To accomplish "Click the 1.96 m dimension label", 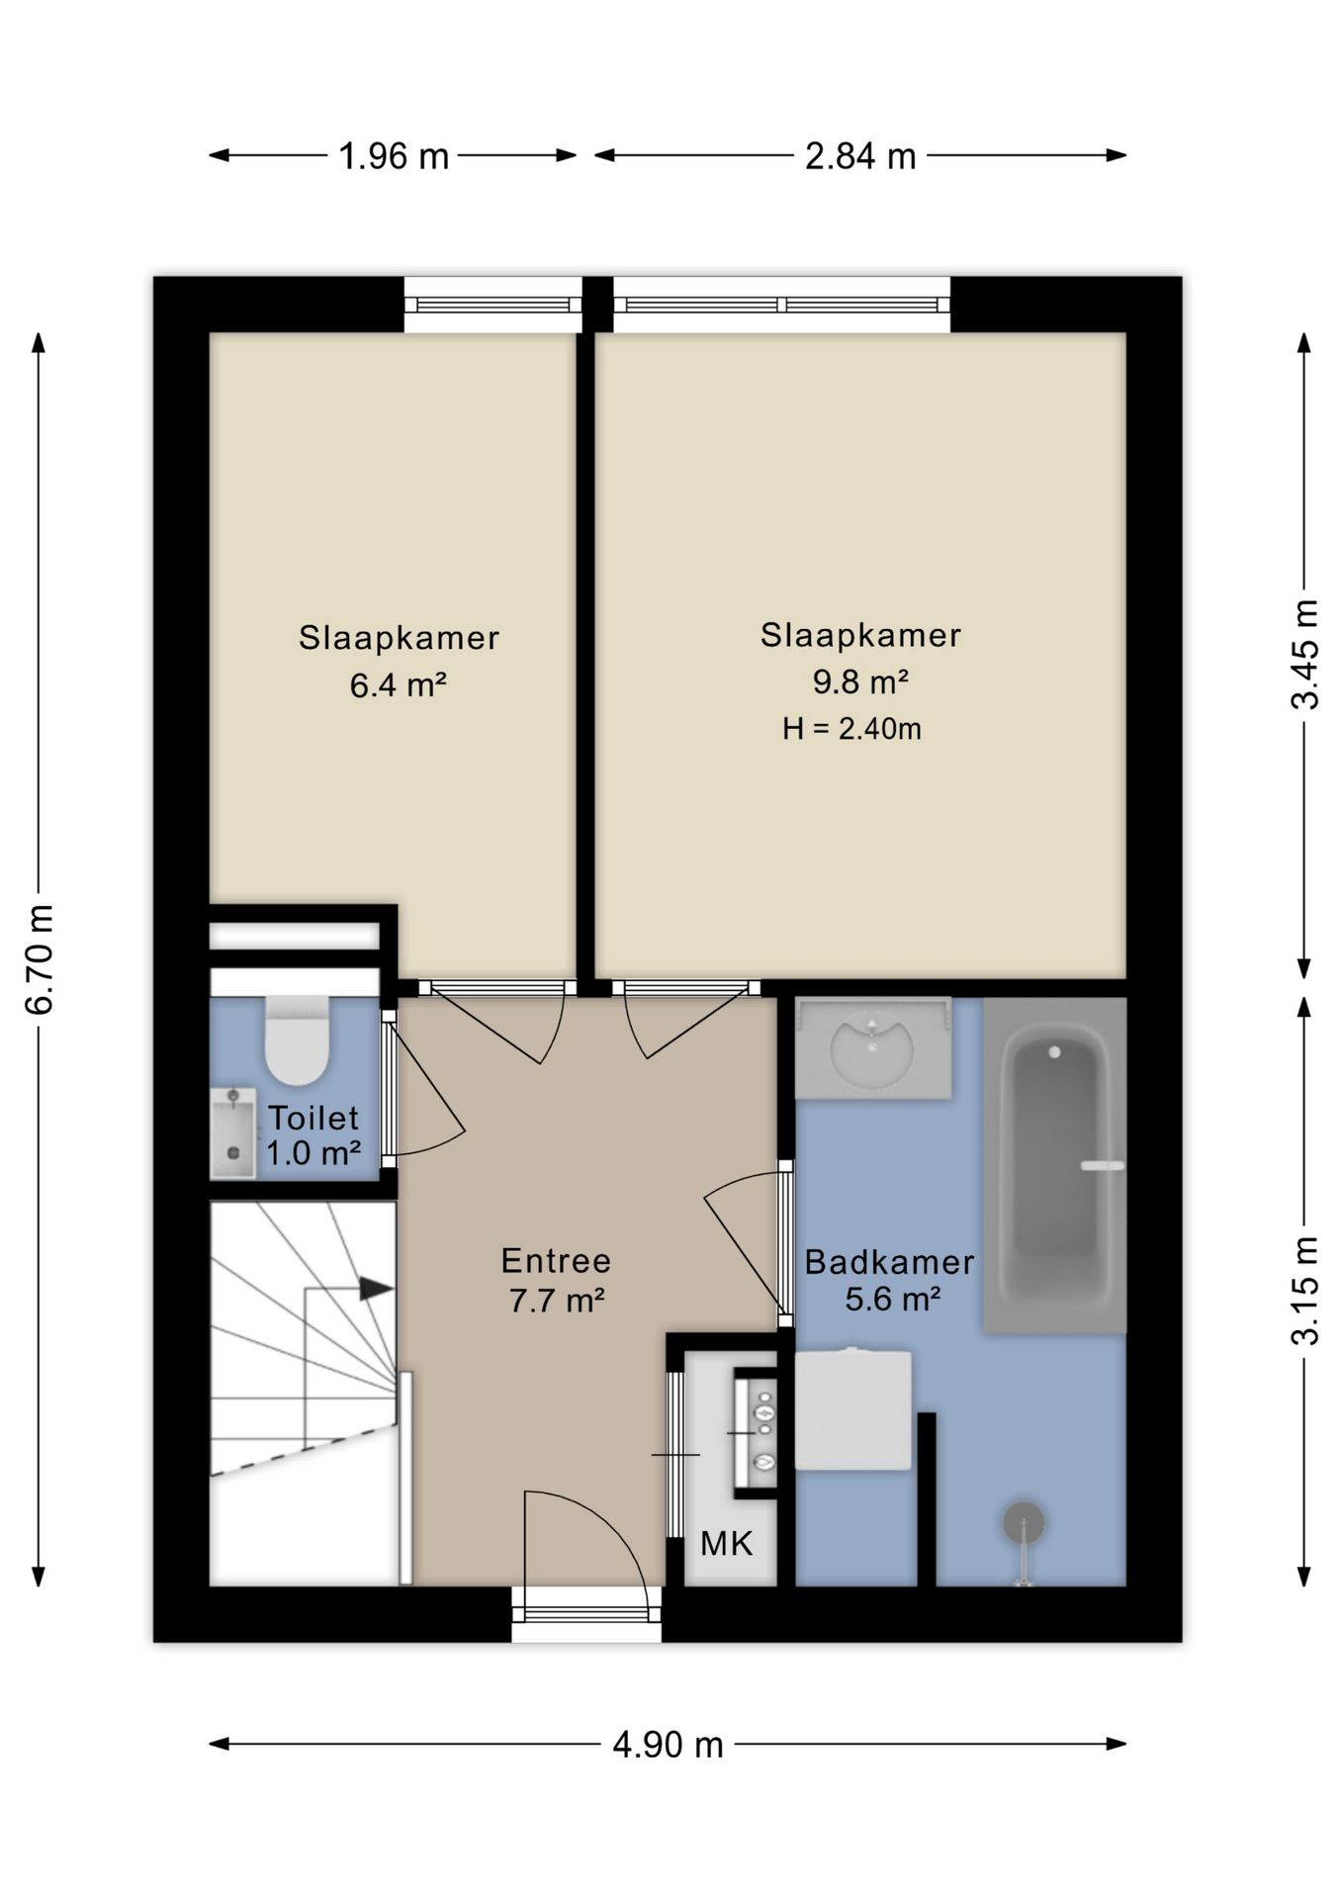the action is [x=394, y=156].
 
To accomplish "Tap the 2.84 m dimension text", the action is [x=860, y=156].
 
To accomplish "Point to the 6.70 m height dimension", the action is [x=40, y=958].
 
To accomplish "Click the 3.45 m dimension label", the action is [x=1305, y=654].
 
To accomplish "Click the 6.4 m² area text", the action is [x=399, y=684].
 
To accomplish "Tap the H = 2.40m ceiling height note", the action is [x=851, y=729].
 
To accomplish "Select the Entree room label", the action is [x=556, y=1260].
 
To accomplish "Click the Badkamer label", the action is [x=889, y=1261].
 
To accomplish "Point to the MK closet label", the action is [x=727, y=1543].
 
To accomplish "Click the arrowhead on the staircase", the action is [x=376, y=1288].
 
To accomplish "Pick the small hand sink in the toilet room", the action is [x=233, y=1133].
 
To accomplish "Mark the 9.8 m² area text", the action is [x=860, y=681].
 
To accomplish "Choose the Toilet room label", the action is [x=313, y=1118].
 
